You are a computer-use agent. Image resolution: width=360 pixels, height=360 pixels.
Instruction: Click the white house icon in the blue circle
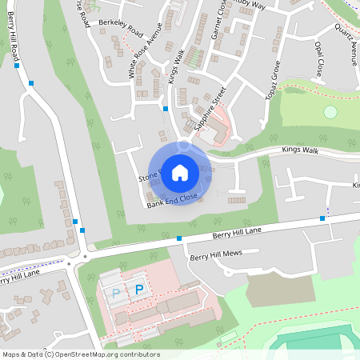click(x=180, y=172)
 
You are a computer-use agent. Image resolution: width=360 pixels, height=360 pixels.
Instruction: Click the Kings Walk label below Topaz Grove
click(x=300, y=150)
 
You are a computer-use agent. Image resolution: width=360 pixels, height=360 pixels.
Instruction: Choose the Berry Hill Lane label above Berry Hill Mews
click(x=237, y=231)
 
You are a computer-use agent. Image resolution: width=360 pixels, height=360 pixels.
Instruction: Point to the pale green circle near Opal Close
click(x=330, y=112)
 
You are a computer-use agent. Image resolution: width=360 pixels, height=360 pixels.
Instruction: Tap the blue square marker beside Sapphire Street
click(x=166, y=108)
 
